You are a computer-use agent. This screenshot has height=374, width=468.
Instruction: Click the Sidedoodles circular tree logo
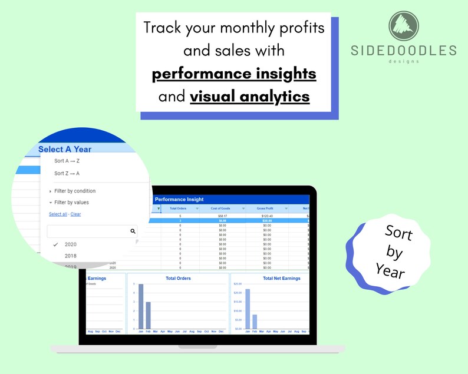point(403,27)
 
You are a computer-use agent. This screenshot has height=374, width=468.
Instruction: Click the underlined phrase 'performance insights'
point(234,74)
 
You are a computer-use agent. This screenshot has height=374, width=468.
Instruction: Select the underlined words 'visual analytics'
point(249,95)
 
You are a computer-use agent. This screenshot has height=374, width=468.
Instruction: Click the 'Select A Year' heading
point(65,149)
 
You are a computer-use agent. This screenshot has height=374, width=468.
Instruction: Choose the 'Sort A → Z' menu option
point(67,161)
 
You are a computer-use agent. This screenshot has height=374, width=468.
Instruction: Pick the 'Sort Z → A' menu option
point(67,173)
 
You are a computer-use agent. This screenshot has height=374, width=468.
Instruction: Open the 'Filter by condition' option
point(74,191)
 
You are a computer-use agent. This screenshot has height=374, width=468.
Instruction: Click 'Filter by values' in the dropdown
point(71,203)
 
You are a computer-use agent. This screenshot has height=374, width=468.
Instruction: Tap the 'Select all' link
point(58,214)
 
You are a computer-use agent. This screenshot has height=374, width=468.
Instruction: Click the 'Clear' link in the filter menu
point(75,214)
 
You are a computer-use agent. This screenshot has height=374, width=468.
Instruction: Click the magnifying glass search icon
point(133,232)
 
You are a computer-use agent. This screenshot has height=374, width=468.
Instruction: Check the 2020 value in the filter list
point(70,244)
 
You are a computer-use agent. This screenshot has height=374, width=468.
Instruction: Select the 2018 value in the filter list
point(70,256)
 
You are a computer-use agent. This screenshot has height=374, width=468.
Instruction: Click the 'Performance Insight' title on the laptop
point(179,200)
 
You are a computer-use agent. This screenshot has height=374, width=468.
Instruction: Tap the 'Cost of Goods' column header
point(221,208)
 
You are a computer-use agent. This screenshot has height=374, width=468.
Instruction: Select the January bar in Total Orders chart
point(141,306)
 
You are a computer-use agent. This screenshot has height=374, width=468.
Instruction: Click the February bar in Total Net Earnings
point(255,322)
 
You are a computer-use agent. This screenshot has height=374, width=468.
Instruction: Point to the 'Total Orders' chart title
point(178,279)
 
